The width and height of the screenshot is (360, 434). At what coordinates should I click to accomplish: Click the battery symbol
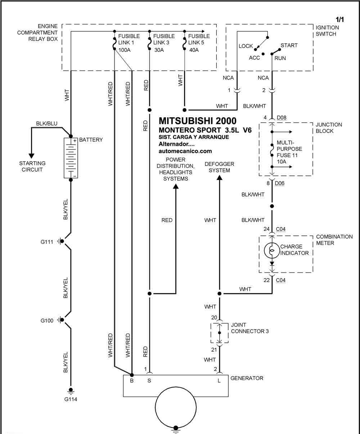click(x=71, y=158)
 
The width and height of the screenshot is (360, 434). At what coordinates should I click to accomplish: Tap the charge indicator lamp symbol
click(x=272, y=250)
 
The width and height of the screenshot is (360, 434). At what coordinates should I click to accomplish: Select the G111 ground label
click(x=47, y=242)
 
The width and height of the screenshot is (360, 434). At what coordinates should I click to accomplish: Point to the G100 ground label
click(x=47, y=321)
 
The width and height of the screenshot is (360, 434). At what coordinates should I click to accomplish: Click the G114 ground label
click(x=71, y=399)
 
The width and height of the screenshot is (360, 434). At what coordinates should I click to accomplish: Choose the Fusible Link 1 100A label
click(x=129, y=43)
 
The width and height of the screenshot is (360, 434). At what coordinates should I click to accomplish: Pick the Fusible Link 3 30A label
click(x=164, y=43)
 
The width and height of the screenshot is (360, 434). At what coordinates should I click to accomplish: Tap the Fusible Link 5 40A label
click(x=199, y=43)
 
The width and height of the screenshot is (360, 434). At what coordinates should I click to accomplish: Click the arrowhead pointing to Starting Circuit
click(x=31, y=156)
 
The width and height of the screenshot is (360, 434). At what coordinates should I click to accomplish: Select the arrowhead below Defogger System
click(x=219, y=178)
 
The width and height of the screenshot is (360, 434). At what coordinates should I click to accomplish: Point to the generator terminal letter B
click(x=132, y=381)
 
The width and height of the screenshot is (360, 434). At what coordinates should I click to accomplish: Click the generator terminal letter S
click(x=149, y=381)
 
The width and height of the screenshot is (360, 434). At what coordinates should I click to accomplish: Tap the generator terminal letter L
click(x=219, y=381)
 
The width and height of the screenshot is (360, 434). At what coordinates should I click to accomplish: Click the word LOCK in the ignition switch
click(x=246, y=46)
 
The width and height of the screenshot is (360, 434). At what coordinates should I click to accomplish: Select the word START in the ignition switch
click(x=289, y=45)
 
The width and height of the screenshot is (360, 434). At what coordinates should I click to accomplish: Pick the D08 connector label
click(x=282, y=118)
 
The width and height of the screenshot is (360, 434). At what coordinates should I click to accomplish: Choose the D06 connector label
click(x=279, y=183)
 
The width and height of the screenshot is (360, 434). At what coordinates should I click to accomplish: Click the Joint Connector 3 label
click(x=250, y=328)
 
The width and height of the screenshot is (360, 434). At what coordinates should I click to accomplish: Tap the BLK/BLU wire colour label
click(x=46, y=123)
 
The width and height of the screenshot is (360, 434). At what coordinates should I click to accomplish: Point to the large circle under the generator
click(x=176, y=407)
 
